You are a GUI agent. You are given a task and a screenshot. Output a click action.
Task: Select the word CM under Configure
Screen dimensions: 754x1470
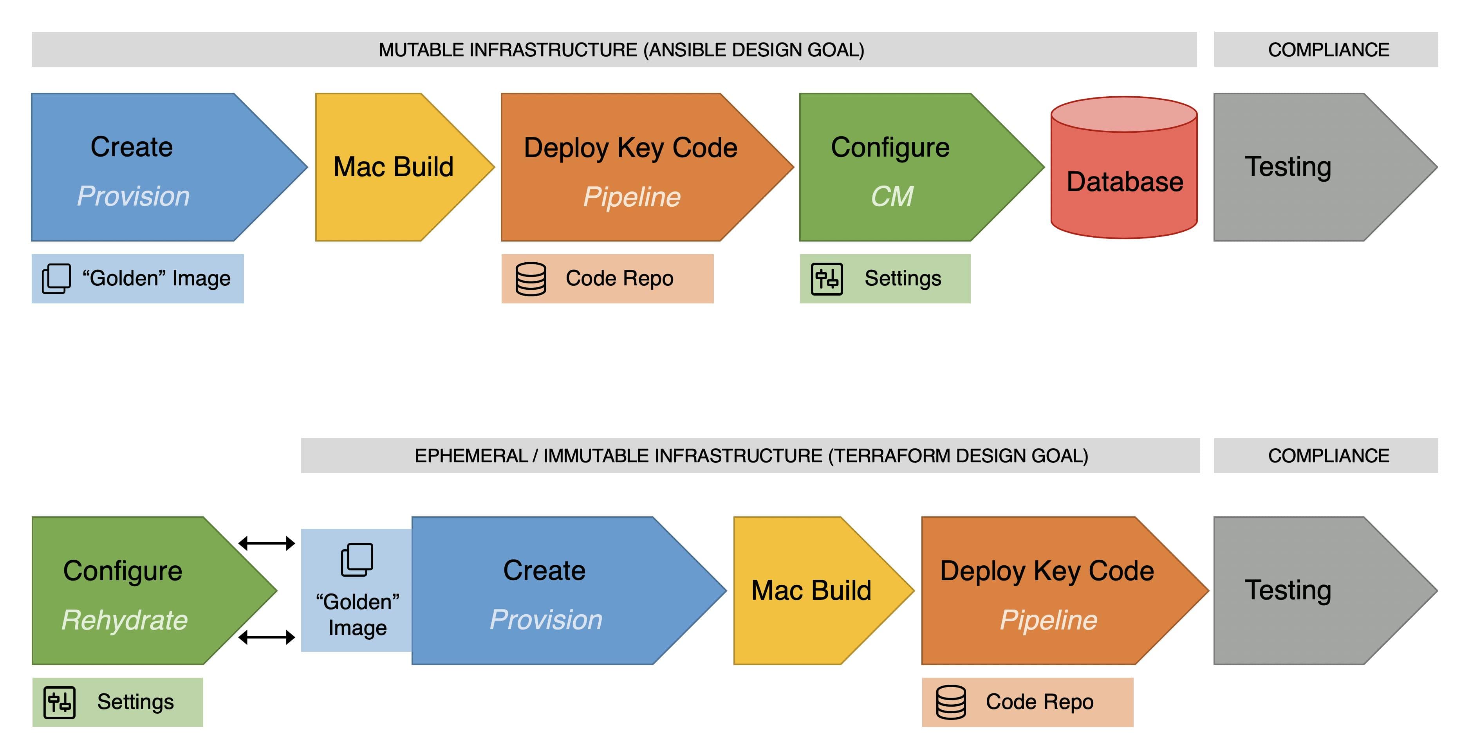pos(891,196)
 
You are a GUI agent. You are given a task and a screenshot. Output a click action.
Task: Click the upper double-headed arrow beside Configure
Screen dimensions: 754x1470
pos(267,543)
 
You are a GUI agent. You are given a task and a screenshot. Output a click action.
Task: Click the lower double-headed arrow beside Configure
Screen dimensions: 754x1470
pos(267,637)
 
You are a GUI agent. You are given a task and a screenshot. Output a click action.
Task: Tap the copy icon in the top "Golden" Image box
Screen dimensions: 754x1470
pos(56,279)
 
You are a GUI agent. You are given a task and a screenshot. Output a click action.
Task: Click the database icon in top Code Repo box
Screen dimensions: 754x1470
pos(531,279)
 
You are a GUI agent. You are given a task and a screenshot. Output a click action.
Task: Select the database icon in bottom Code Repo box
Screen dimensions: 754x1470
pos(951,702)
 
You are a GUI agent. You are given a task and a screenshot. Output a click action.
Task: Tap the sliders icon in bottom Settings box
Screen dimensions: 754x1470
pos(60,702)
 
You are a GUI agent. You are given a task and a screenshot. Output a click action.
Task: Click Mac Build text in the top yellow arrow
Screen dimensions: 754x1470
pos(393,167)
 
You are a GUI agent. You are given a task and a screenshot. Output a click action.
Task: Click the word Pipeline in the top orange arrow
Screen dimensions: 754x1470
pos(631,197)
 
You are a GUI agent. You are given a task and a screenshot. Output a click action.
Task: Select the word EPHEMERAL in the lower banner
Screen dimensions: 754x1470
pos(471,456)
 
